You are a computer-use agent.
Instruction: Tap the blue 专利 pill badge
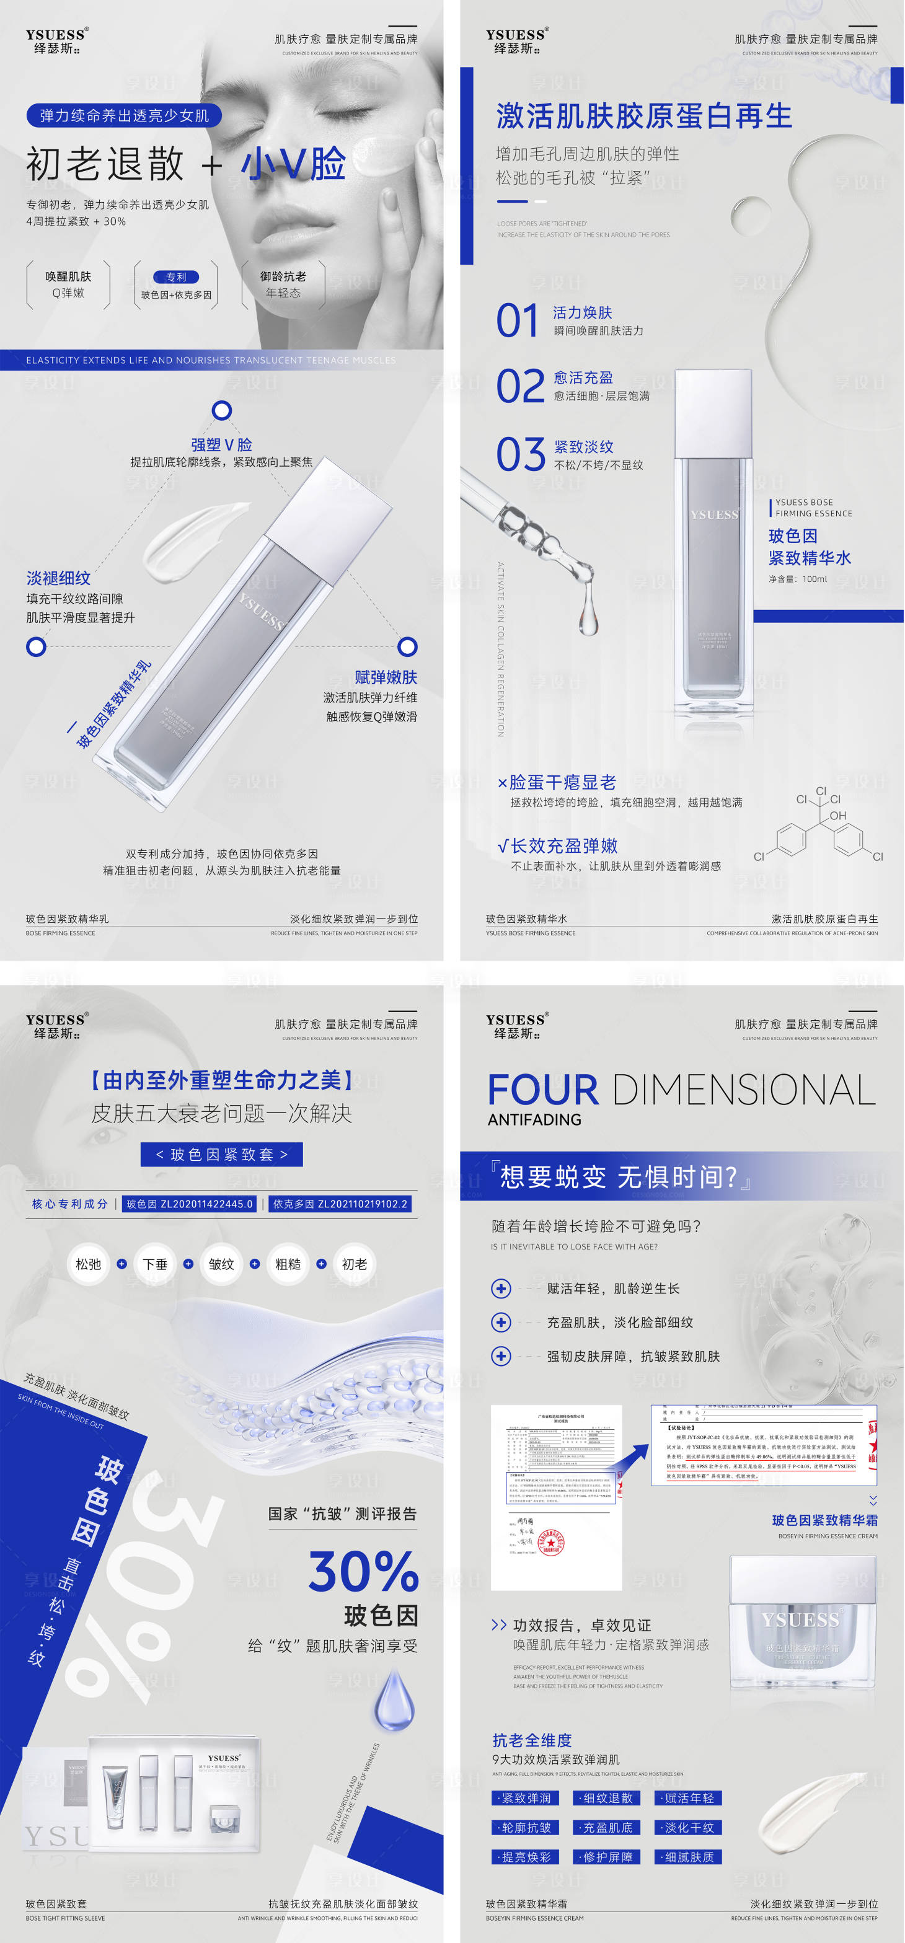click(175, 277)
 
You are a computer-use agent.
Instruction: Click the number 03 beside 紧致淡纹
click(521, 454)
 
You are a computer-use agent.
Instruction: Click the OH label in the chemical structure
click(838, 816)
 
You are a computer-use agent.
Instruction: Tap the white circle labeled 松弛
click(88, 1263)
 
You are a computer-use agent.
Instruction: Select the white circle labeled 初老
click(354, 1263)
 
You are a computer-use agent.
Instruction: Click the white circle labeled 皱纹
click(221, 1263)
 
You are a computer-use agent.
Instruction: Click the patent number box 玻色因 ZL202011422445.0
click(189, 1204)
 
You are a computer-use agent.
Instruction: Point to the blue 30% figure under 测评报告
click(363, 1571)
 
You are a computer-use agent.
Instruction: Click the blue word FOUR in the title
click(543, 1090)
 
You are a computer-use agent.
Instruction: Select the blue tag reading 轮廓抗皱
click(526, 1828)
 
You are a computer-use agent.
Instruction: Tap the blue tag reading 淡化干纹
click(688, 1828)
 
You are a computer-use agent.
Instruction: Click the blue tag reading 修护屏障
click(607, 1857)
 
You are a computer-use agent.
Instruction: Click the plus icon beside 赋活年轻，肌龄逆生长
click(501, 1289)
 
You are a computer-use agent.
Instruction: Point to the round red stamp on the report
click(550, 1543)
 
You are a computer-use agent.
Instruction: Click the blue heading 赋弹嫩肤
click(386, 677)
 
